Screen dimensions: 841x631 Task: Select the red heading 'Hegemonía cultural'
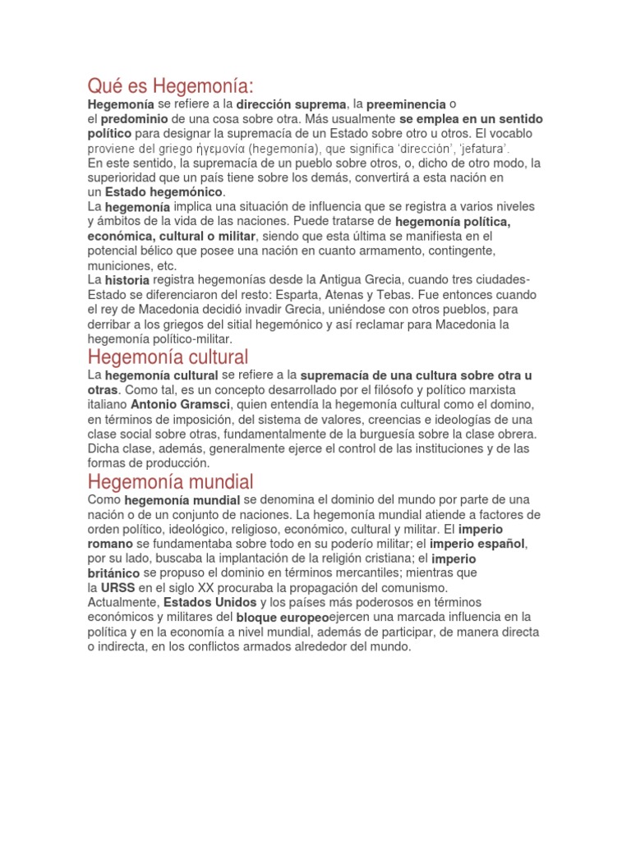pyautogui.click(x=168, y=357)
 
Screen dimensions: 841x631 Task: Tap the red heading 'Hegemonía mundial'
pyautogui.click(x=170, y=481)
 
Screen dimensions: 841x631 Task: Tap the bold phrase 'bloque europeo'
pyautogui.click(x=283, y=618)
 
